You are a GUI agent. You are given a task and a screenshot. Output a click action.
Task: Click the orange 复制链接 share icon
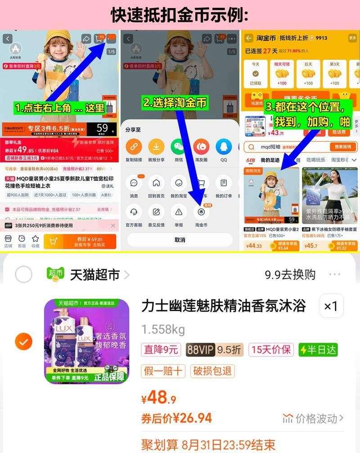[x=134, y=146]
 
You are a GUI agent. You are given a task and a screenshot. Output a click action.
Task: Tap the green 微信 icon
[x=179, y=146]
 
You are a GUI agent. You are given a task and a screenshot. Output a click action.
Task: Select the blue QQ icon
[x=224, y=146]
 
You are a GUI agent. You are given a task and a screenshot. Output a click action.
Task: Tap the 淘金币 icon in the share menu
[x=201, y=212]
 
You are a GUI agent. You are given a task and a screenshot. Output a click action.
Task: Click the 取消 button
[x=180, y=240]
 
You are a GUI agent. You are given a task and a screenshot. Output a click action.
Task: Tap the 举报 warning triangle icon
[x=179, y=212]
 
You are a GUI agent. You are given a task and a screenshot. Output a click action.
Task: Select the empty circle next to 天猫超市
[x=23, y=274]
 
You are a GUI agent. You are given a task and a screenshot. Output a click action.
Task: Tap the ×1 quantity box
[x=331, y=307]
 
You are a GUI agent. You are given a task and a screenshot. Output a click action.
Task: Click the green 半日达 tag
[x=318, y=349]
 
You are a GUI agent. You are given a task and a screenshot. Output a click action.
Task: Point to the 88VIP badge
[x=200, y=349]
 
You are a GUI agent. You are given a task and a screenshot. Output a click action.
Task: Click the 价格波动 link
[x=313, y=418]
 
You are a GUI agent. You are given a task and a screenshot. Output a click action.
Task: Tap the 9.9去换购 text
[x=290, y=274]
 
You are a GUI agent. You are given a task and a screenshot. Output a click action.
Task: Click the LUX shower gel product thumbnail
[x=86, y=341]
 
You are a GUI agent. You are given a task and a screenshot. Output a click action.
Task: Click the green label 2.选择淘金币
[x=175, y=103]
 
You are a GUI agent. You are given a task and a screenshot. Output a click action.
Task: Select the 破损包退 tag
[x=213, y=371]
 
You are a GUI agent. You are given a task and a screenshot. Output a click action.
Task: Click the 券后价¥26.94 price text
[x=176, y=418]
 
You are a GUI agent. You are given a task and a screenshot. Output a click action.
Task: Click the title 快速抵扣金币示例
[x=180, y=15]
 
